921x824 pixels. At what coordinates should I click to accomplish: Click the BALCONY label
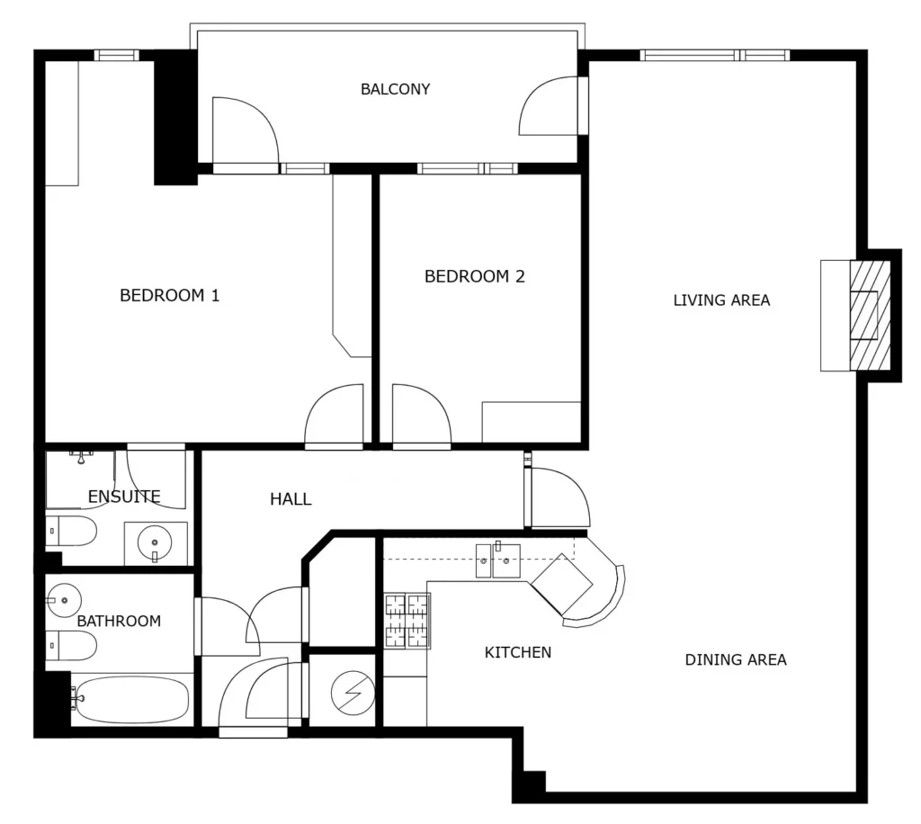point(396,89)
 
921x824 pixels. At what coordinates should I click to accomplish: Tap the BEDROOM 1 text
point(170,295)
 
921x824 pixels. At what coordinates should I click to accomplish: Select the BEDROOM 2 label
point(475,276)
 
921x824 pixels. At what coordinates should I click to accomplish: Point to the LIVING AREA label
point(721,300)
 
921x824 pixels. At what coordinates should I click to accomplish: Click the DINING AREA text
point(736,659)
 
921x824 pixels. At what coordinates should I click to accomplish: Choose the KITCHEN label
point(518,652)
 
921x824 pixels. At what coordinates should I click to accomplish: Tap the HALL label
point(291,499)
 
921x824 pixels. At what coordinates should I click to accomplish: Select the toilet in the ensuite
point(71,531)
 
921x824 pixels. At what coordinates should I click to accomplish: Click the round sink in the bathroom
point(64,600)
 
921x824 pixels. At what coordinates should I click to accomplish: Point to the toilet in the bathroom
point(71,646)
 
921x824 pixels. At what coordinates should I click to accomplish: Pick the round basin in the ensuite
point(155,543)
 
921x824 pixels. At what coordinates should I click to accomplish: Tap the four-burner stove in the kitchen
point(407,621)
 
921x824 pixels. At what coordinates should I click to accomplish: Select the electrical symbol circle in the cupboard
point(353,693)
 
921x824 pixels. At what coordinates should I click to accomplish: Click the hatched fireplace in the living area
point(870,316)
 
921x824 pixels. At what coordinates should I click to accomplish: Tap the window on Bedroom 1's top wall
point(117,55)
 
